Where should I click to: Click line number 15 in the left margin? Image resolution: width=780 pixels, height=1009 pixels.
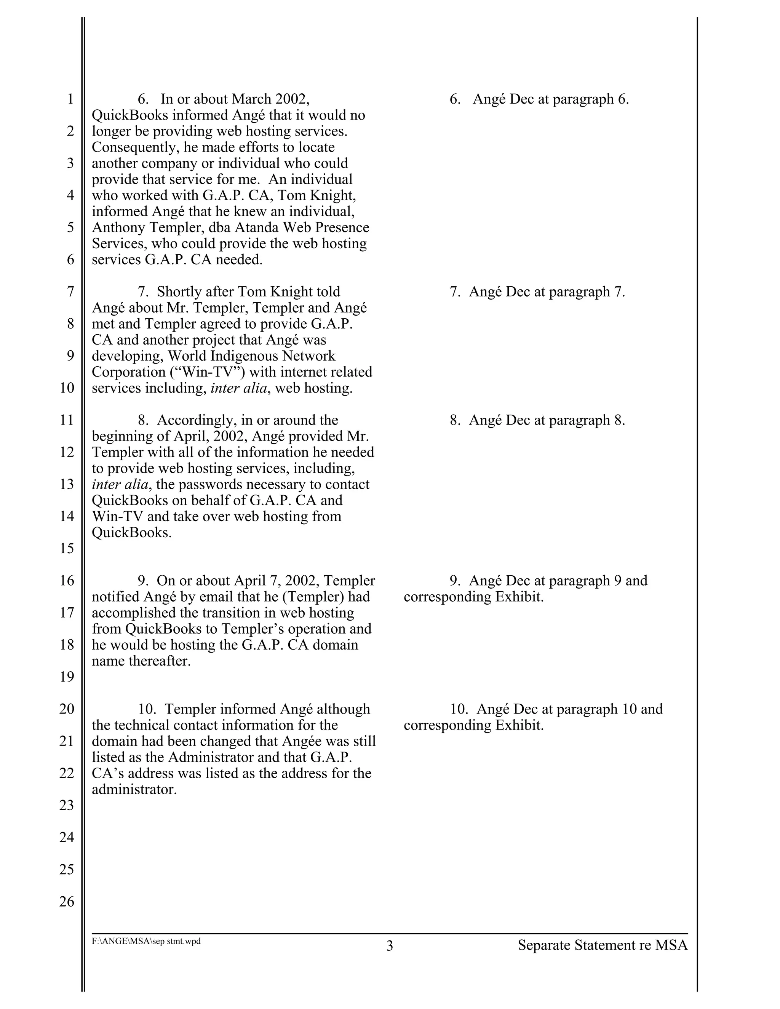click(x=67, y=548)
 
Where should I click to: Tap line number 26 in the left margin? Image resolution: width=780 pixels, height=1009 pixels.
click(x=67, y=901)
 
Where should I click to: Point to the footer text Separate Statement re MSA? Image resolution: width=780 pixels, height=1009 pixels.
click(x=603, y=945)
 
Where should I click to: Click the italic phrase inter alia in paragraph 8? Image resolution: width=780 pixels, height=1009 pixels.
click(x=120, y=484)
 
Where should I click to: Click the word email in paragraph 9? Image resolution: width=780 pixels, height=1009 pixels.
click(x=215, y=596)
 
